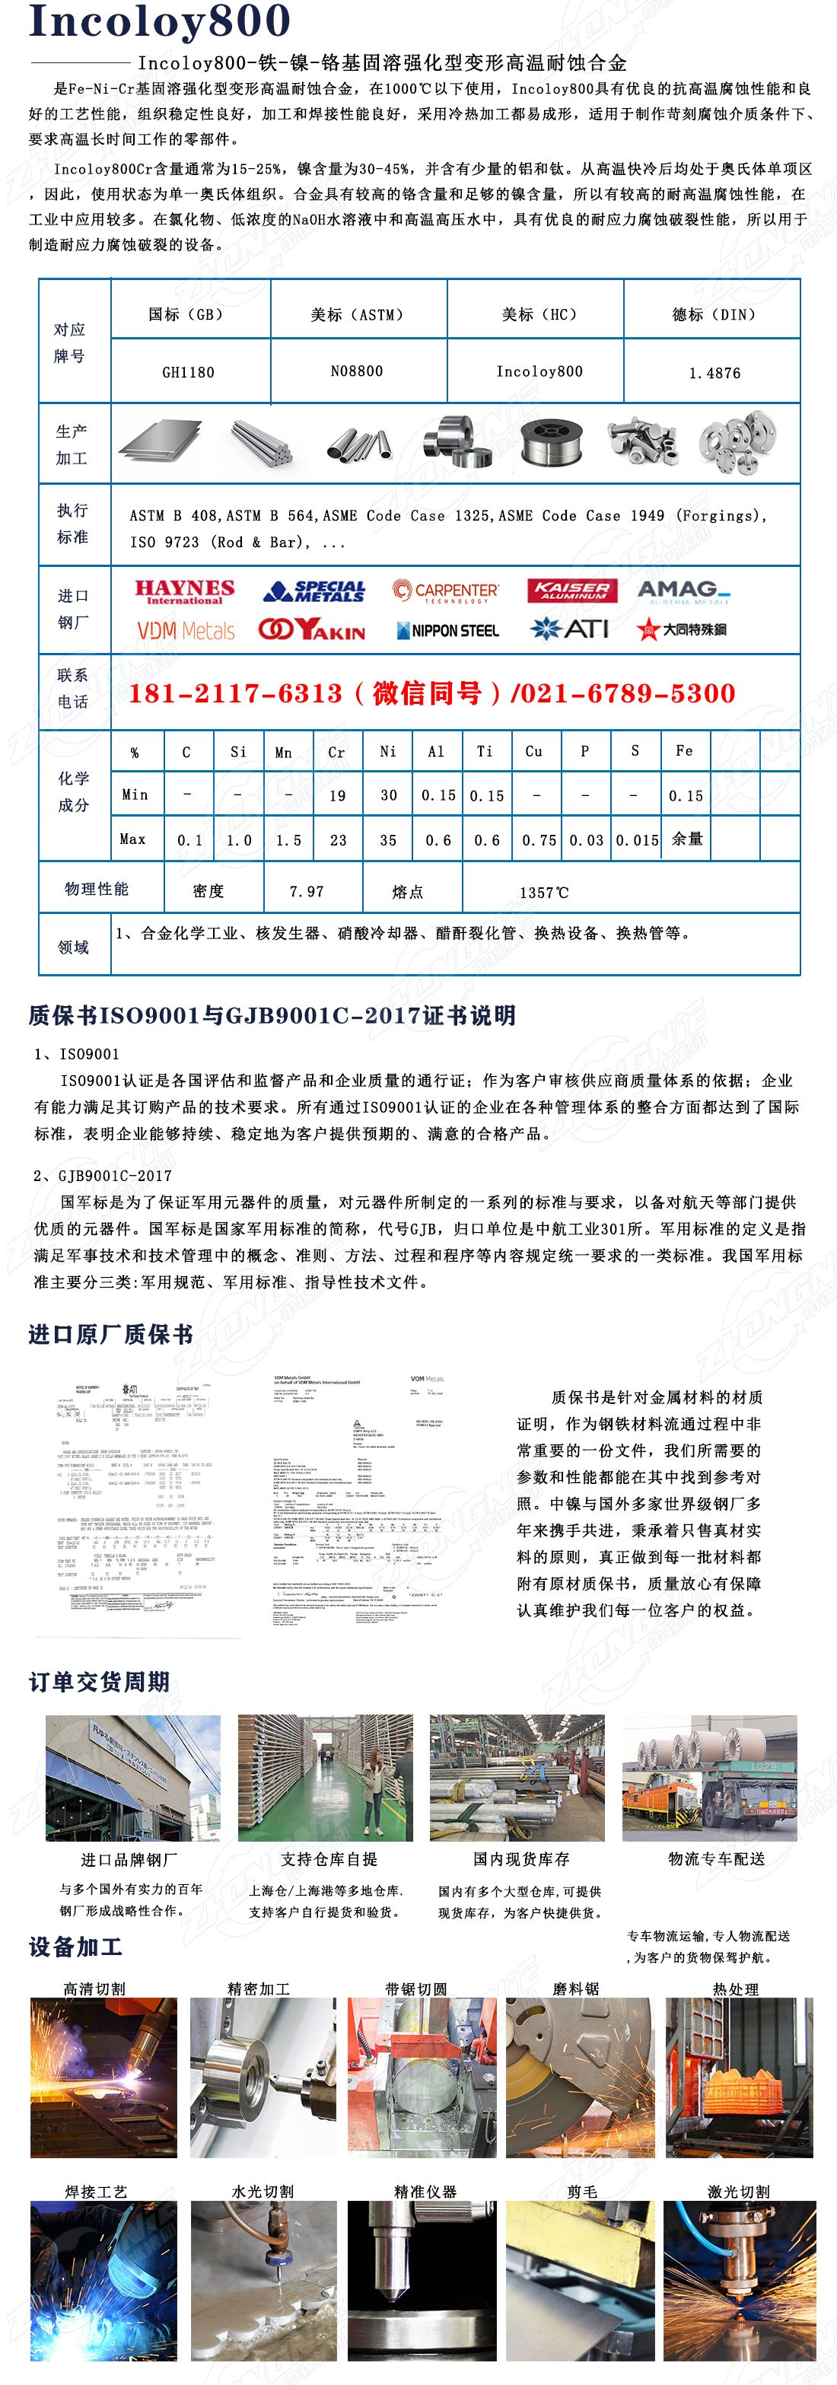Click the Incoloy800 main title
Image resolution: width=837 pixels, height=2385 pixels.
[159, 21]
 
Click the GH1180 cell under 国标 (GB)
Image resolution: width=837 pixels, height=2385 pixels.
[188, 372]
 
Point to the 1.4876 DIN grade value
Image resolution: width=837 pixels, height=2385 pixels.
[714, 373]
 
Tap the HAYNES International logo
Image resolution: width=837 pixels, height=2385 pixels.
[184, 591]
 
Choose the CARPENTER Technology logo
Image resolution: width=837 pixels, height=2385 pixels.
[445, 591]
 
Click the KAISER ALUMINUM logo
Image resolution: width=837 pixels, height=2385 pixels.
[573, 591]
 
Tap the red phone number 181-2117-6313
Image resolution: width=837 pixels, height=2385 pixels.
[235, 693]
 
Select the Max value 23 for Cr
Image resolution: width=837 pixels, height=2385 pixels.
[338, 839]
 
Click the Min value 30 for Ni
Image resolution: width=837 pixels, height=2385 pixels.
[389, 795]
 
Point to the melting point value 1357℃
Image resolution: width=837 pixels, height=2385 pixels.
[543, 893]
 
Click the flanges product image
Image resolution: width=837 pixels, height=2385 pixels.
[737, 443]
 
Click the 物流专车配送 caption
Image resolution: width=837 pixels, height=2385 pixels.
[717, 1859]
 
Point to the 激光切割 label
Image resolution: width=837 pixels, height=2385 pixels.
[738, 2192]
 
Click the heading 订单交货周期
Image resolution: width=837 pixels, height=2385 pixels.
[99, 1681]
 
